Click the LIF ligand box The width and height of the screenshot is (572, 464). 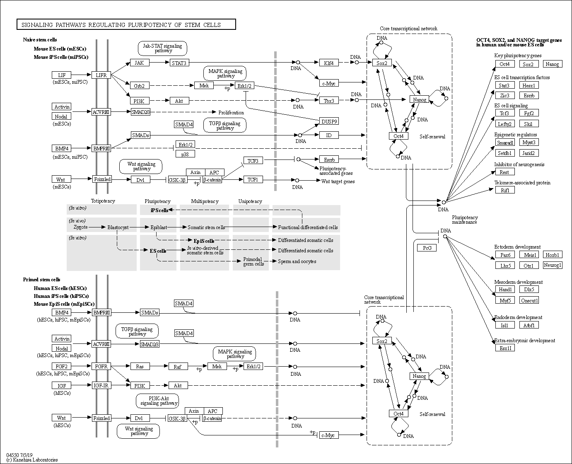click(61, 75)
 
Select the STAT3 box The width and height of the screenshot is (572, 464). click(179, 63)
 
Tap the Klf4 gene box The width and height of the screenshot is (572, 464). click(329, 63)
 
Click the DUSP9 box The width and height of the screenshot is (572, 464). click(329, 121)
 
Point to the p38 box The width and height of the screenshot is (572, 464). click(185, 154)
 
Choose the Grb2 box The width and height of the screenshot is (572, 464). click(140, 86)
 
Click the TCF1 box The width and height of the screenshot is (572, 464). click(253, 179)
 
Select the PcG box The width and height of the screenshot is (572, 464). click(427, 248)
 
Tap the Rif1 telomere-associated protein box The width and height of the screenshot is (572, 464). click(505, 190)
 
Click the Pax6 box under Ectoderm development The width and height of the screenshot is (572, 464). click(505, 254)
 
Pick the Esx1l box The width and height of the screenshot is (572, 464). click(505, 348)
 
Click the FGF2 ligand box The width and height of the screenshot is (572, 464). click(61, 366)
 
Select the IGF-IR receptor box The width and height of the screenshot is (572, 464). click(101, 385)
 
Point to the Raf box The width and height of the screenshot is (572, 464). click(178, 366)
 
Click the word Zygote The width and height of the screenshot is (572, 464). click(81, 227)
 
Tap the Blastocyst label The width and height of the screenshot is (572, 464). click(118, 227)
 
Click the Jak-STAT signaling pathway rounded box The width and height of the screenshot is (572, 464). click(162, 48)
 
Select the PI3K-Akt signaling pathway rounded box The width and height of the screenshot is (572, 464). click(157, 401)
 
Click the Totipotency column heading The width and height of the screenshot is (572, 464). click(103, 201)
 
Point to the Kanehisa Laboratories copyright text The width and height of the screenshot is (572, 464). click(32, 460)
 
